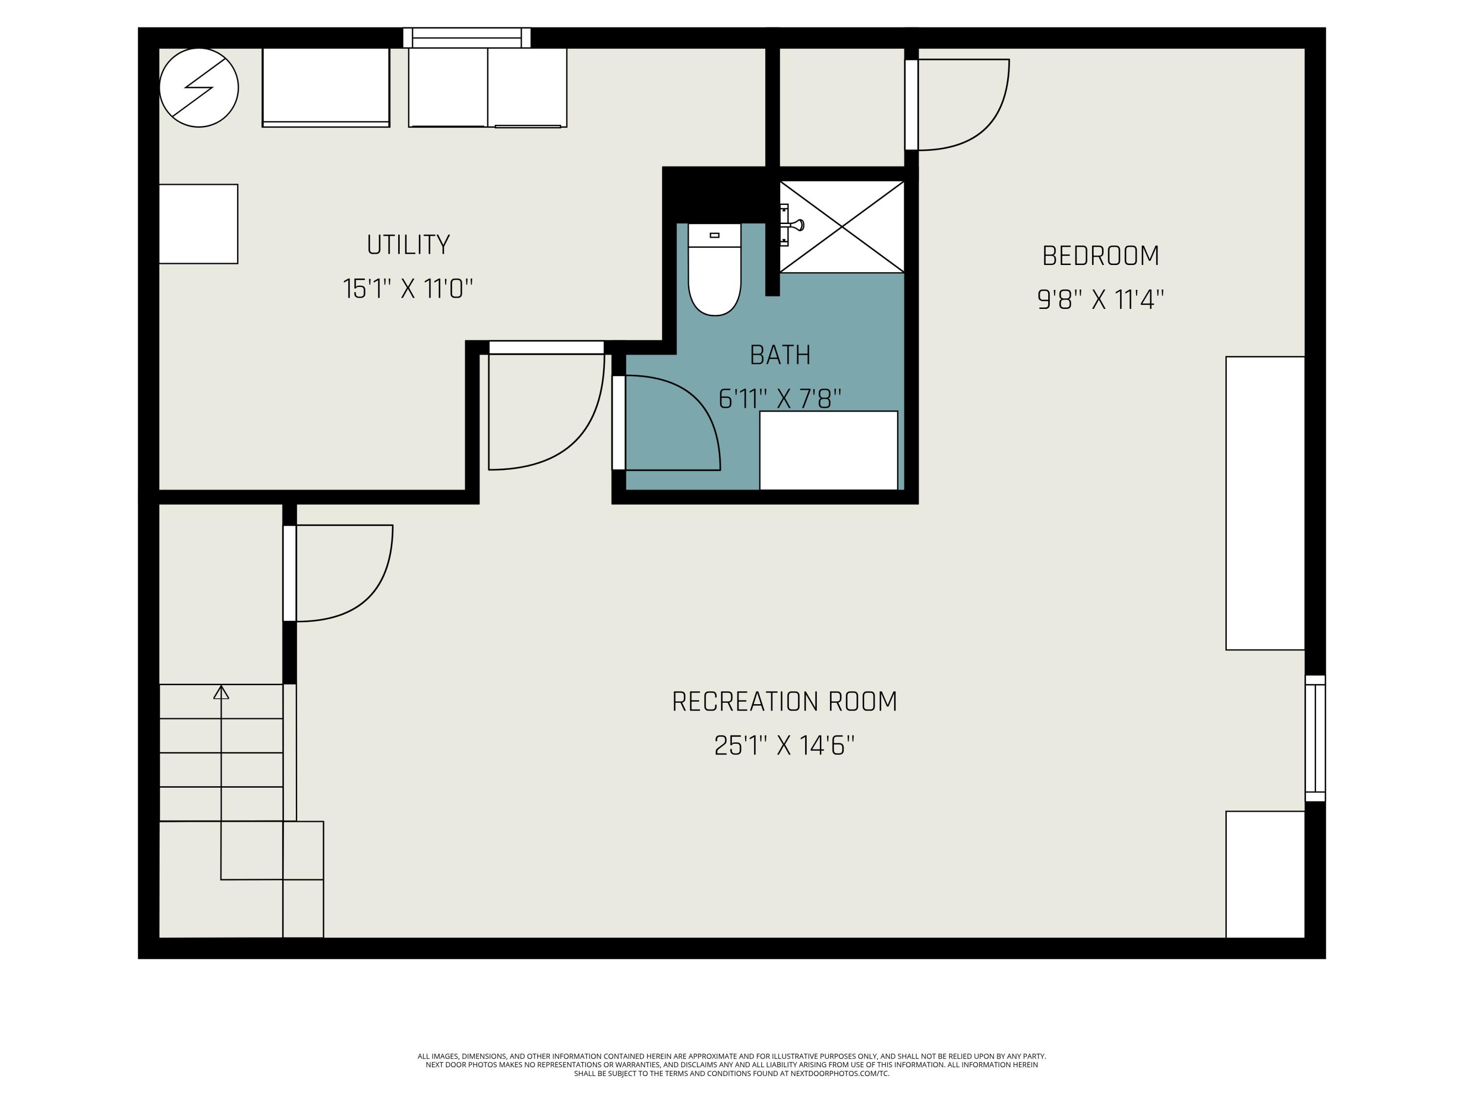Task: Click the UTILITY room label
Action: click(408, 245)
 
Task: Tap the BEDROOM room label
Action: click(1100, 256)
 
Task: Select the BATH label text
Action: click(780, 355)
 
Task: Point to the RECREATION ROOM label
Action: click(784, 702)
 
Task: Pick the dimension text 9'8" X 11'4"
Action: click(1100, 300)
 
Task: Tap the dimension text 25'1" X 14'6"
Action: click(784, 746)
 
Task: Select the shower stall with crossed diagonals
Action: click(842, 226)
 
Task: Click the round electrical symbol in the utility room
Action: click(199, 87)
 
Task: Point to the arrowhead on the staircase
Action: click(221, 692)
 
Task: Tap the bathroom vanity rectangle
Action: click(829, 451)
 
